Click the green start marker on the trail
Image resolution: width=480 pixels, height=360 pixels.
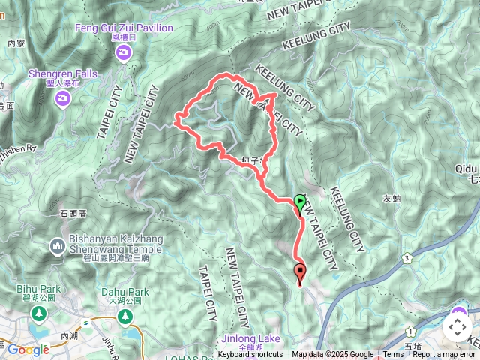(x=300, y=202)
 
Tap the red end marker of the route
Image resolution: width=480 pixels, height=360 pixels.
(x=301, y=272)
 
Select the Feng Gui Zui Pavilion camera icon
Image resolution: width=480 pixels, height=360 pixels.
(x=122, y=52)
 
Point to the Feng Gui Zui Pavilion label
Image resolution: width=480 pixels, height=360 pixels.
(x=124, y=28)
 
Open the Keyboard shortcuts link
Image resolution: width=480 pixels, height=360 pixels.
(x=250, y=355)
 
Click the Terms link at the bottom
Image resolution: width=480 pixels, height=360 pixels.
(x=393, y=355)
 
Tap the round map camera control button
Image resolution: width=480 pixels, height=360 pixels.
(x=457, y=327)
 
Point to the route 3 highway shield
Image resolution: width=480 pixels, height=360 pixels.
(x=406, y=257)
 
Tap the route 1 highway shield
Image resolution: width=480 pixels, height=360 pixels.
(x=410, y=330)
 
